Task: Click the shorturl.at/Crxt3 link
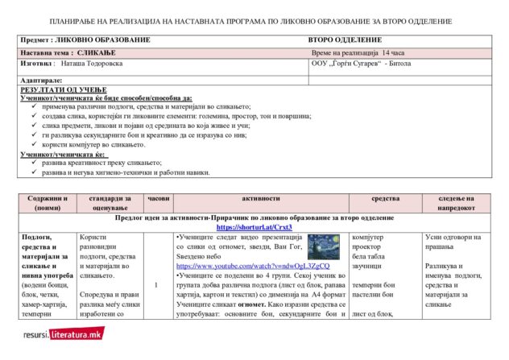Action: click(254, 227)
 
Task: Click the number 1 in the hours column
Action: click(155, 284)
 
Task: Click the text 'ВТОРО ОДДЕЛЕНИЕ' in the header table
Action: click(344, 39)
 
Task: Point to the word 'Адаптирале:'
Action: click(41, 81)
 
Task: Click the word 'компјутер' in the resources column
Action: click(368, 237)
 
